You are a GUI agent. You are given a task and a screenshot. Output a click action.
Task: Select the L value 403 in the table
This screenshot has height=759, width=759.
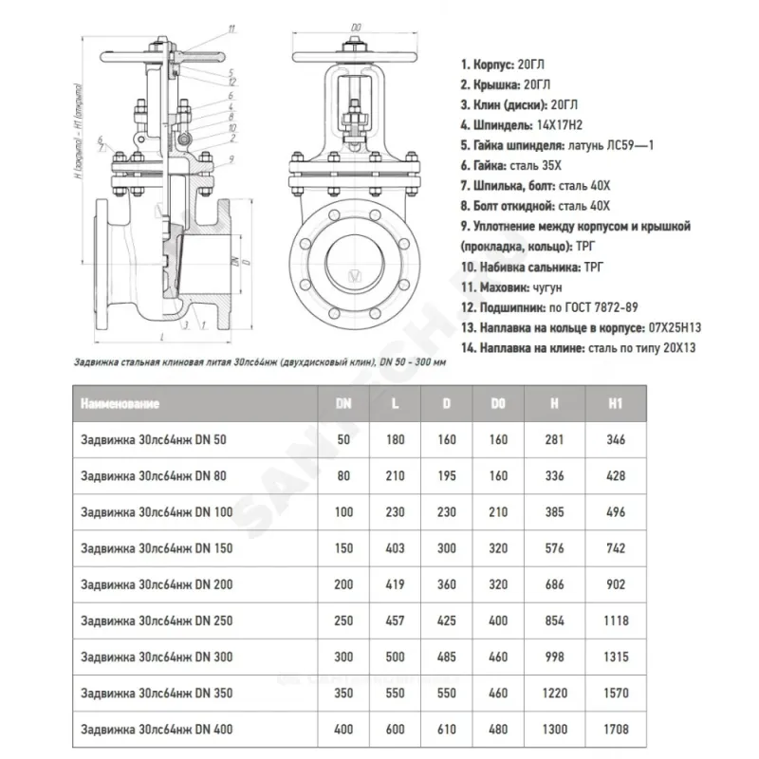pyautogui.click(x=395, y=547)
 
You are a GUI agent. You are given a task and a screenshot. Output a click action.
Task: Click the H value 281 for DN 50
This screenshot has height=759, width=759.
pyautogui.click(x=554, y=439)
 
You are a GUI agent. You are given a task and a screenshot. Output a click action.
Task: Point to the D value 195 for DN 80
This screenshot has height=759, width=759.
pyautogui.click(x=447, y=475)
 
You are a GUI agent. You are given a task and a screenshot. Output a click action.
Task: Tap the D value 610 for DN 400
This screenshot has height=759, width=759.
pyautogui.click(x=447, y=729)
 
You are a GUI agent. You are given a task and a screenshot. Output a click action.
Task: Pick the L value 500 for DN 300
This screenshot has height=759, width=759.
pyautogui.click(x=395, y=657)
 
